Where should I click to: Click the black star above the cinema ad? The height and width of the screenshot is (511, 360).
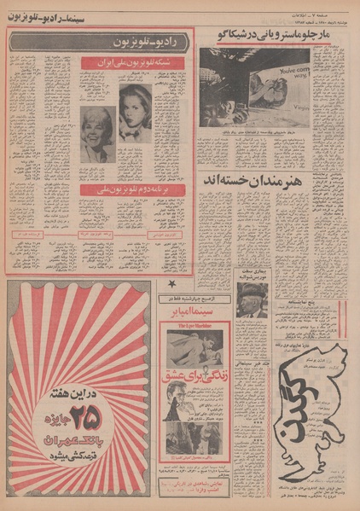(x=172, y=283)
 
